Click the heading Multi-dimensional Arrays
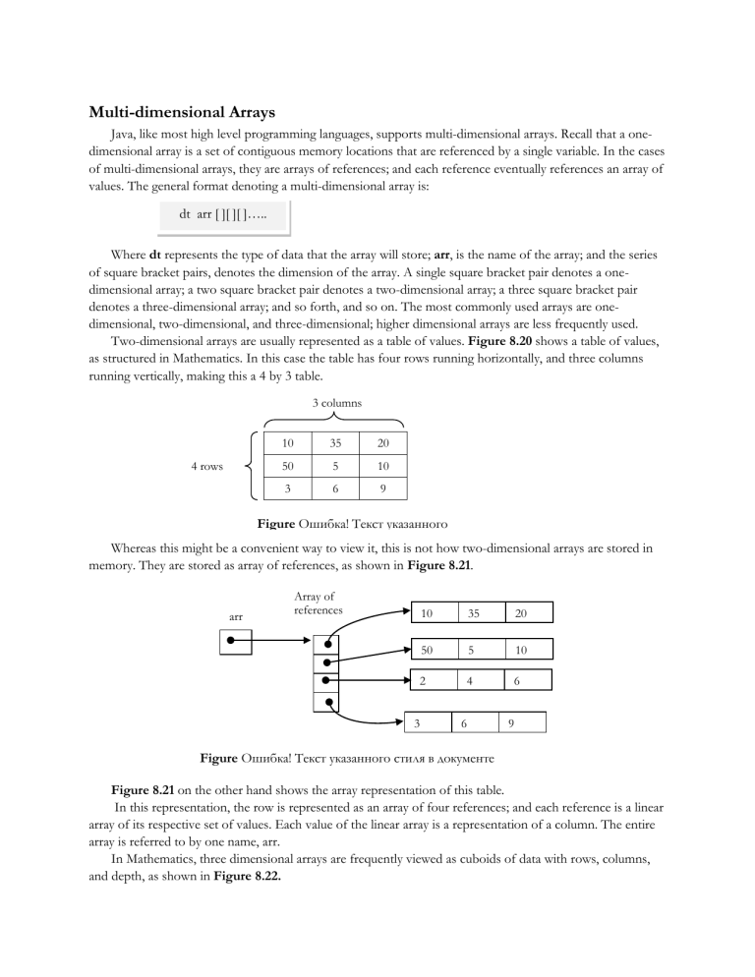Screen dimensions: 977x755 coord(182,112)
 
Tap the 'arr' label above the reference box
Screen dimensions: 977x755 coord(236,616)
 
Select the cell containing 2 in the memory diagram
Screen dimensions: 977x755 coord(423,680)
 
